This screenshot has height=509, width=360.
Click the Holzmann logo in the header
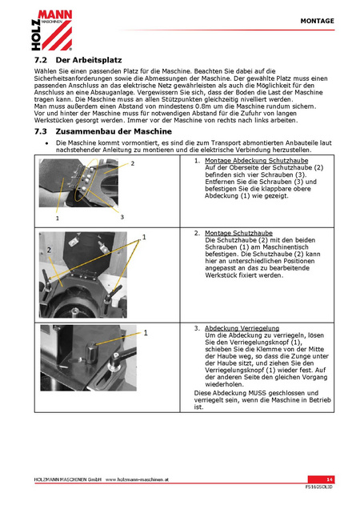coord(52,30)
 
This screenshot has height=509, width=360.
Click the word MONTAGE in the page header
coord(317,21)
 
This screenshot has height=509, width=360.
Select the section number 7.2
coord(41,60)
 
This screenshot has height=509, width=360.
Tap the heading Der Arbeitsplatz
coord(89,60)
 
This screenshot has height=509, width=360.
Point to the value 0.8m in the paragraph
coord(204,106)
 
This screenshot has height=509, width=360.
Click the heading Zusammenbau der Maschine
coord(114,131)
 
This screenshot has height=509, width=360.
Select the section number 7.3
coord(41,131)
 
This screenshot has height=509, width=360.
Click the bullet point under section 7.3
coord(47,143)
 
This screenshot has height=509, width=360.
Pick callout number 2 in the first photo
coord(133,163)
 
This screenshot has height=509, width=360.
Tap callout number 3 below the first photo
coord(122,217)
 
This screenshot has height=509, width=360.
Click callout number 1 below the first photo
coord(58,218)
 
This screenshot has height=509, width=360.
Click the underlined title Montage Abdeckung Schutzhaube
coord(257,161)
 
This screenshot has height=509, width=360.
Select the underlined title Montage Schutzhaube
coord(238,233)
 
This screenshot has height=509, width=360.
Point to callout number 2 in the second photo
coord(49,250)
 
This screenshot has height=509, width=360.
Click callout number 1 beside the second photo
coord(144,238)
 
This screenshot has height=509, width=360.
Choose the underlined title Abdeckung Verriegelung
coord(242,328)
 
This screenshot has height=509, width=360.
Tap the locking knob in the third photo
coord(91,352)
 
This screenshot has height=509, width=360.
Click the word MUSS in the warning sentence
coord(257,393)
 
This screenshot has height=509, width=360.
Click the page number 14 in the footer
coord(330,479)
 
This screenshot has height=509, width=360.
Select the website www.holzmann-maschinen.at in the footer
coord(137,479)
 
